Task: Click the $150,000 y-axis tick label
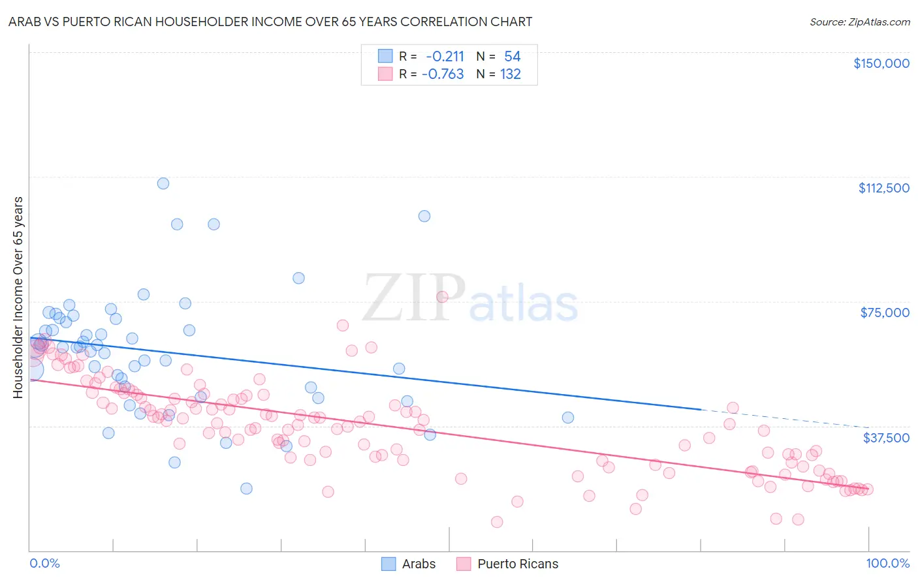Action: pyautogui.click(x=881, y=63)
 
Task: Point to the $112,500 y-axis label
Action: pyautogui.click(x=883, y=188)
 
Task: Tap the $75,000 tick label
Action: pyautogui.click(x=885, y=313)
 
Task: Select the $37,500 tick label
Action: pyautogui.click(x=886, y=438)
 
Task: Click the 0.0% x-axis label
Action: pyautogui.click(x=44, y=564)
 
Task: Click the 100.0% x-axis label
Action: pyautogui.click(x=887, y=564)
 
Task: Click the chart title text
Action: pyautogui.click(x=270, y=22)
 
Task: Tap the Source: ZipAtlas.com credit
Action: pyautogui.click(x=859, y=22)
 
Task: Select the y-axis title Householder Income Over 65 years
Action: pyautogui.click(x=18, y=297)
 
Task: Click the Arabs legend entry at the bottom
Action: pyautogui.click(x=408, y=564)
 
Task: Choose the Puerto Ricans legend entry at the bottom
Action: pyautogui.click(x=507, y=564)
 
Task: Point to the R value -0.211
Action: pyautogui.click(x=445, y=57)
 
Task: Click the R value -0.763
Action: pyautogui.click(x=443, y=74)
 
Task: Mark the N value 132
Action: pyautogui.click(x=511, y=74)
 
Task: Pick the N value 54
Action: pyautogui.click(x=512, y=57)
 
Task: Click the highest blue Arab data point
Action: pyautogui.click(x=163, y=183)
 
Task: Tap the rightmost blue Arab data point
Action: pyautogui.click(x=568, y=418)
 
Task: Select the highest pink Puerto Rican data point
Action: pyautogui.click(x=442, y=297)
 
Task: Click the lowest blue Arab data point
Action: pyautogui.click(x=246, y=489)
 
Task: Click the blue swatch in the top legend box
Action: pyautogui.click(x=385, y=57)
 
